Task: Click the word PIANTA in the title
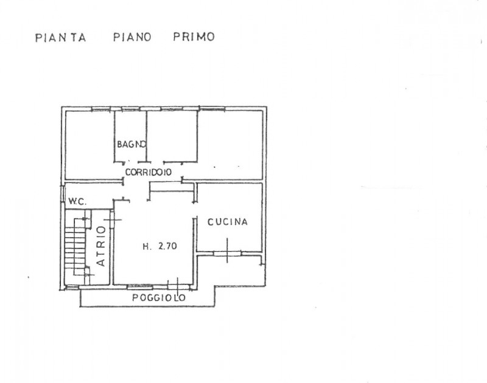(60, 37)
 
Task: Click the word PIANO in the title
(131, 37)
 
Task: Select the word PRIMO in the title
(194, 37)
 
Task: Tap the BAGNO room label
(131, 145)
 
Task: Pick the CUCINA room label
(228, 222)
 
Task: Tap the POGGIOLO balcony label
(159, 298)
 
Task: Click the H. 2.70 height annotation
(159, 247)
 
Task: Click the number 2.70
(167, 247)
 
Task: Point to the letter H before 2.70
(146, 247)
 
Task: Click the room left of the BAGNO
(89, 143)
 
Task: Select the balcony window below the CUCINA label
(226, 251)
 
